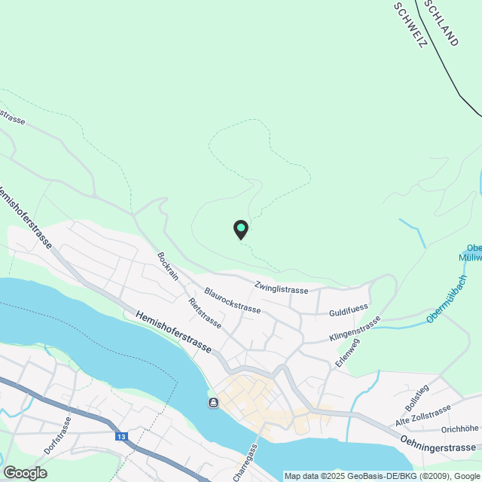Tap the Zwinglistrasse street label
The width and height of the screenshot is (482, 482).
pyautogui.click(x=281, y=288)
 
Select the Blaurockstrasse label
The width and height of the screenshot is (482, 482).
pyautogui.click(x=233, y=300)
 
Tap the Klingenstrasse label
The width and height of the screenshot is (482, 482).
pyautogui.click(x=355, y=329)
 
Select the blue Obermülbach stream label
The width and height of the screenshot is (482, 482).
pyautogui.click(x=447, y=300)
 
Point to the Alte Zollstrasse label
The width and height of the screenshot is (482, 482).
pyautogui.click(x=423, y=415)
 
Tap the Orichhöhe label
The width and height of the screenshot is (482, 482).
pyautogui.click(x=459, y=429)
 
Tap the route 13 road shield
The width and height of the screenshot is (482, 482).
pyautogui.click(x=121, y=436)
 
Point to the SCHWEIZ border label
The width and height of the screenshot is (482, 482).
pyautogui.click(x=410, y=25)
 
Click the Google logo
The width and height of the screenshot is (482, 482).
pyautogui.click(x=24, y=472)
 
